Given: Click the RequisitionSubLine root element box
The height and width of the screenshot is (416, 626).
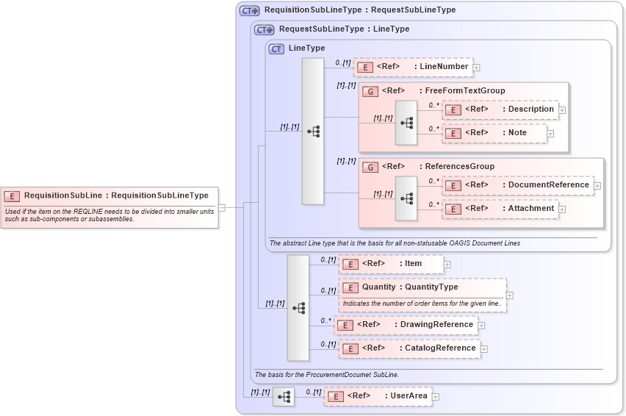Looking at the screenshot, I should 110,196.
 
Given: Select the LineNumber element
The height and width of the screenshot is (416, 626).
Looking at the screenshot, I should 414,67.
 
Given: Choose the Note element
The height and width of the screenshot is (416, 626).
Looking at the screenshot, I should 494,133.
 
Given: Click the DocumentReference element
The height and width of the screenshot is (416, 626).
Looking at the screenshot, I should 517,185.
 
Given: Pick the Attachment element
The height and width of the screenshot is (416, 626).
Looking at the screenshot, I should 500,209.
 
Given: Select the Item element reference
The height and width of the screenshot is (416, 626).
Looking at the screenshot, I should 391,264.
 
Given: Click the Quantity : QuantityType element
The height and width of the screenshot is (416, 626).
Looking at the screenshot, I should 422,287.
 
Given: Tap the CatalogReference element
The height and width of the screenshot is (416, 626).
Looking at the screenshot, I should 409,348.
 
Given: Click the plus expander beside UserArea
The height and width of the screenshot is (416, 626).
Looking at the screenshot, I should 436,397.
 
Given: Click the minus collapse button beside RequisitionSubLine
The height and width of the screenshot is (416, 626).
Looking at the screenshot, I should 221,207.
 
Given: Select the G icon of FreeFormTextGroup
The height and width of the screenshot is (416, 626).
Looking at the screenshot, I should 371,91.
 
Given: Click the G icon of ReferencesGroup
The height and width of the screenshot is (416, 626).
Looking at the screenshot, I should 371,167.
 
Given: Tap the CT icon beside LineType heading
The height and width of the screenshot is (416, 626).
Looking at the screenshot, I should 276,49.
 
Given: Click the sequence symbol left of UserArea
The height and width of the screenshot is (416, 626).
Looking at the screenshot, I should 283,397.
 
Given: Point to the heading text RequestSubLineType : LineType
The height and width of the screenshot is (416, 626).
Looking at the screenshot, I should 344,29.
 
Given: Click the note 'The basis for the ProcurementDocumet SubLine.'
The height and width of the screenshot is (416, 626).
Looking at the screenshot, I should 326,375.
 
